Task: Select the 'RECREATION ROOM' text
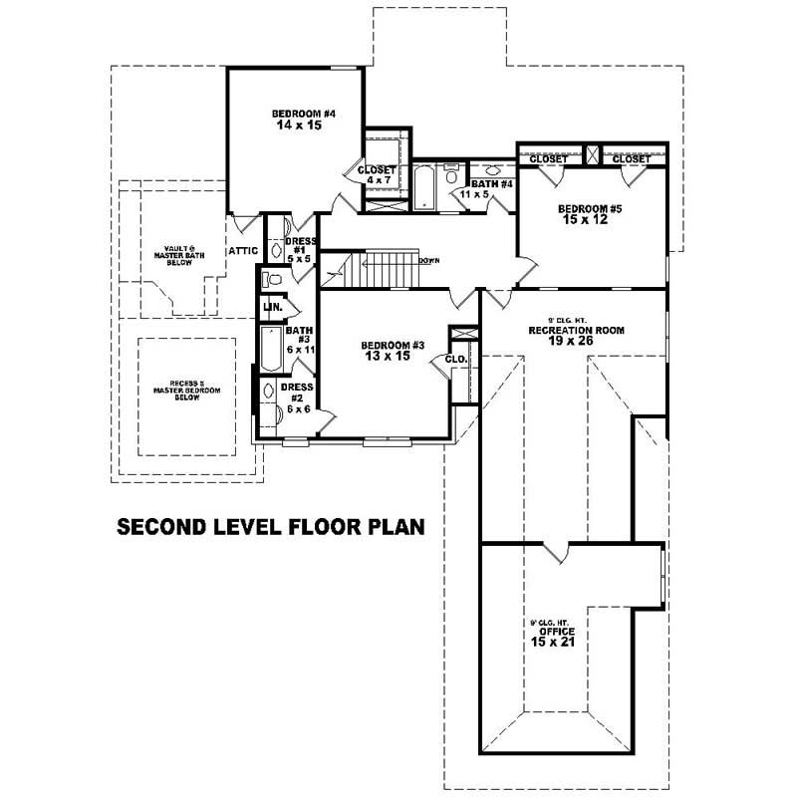[576, 329]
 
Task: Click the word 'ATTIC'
[244, 251]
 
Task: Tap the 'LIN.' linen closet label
[271, 310]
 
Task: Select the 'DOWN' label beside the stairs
[429, 260]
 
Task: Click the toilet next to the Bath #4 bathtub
[451, 176]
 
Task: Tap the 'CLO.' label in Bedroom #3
[456, 358]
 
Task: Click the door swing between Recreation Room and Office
[554, 550]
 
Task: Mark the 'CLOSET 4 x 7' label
[378, 175]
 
